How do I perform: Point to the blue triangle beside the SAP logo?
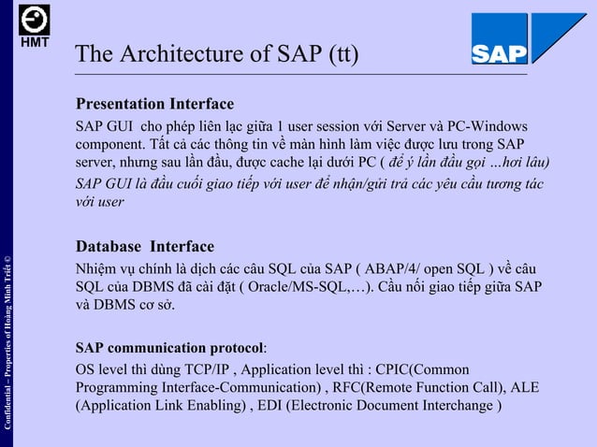click(558, 37)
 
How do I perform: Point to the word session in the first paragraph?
click(307, 126)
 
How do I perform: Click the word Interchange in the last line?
click(456, 406)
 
